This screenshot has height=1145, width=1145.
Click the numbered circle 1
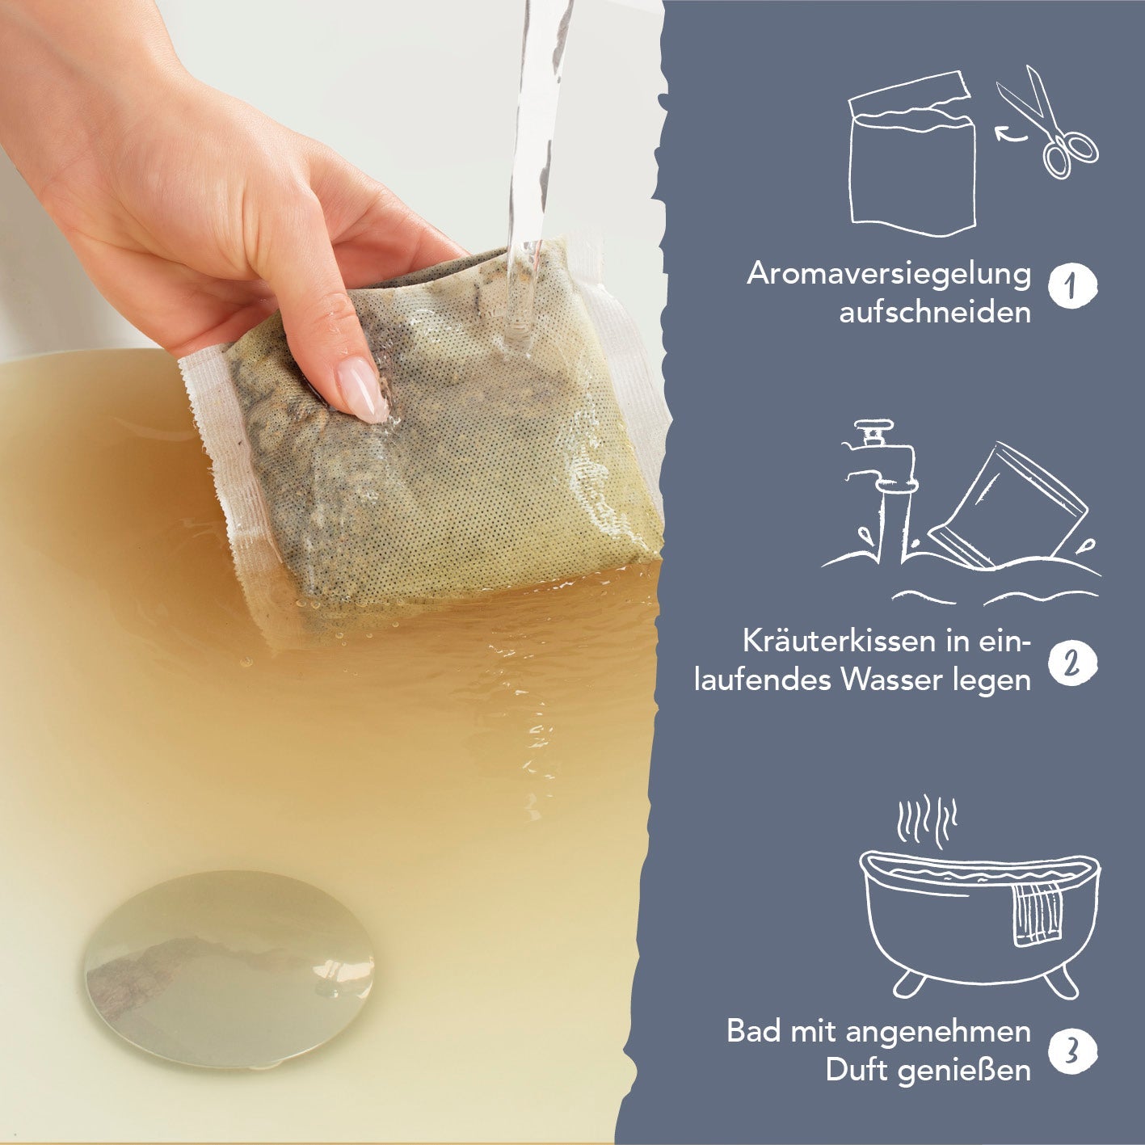pos(1072,287)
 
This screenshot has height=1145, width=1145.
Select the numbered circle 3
pos(1072,1051)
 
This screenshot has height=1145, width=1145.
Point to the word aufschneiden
pos(935,312)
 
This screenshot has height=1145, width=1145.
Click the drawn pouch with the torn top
pos(912,154)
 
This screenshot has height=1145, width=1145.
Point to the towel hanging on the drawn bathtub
pos(1038,924)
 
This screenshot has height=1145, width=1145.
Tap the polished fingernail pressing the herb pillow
pos(363,389)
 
